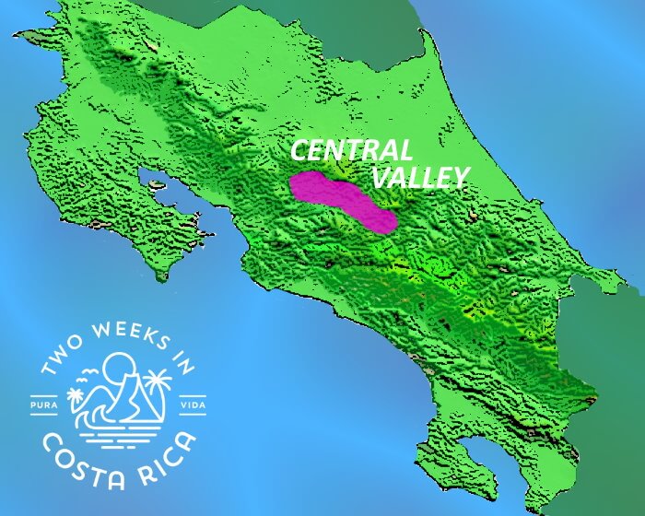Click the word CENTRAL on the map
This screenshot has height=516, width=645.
pos(351,151)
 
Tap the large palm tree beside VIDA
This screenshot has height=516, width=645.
pos(158,383)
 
